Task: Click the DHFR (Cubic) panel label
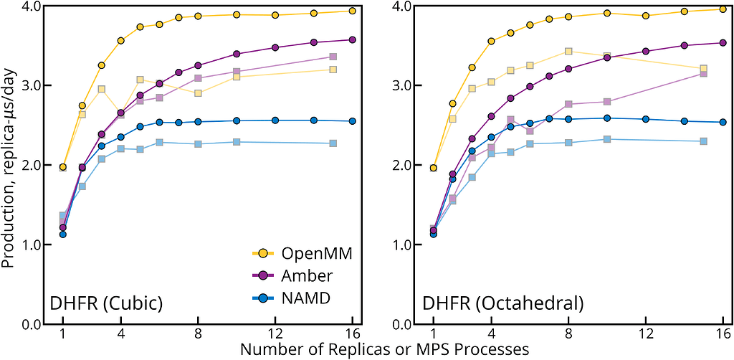coord(106,303)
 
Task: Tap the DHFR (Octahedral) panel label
coord(502,303)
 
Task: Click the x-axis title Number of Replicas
coord(385,350)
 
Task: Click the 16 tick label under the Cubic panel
coord(353,334)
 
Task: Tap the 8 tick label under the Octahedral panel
coord(568,334)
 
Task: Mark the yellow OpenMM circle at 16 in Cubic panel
coord(353,11)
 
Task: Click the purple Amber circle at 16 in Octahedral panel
coord(723,42)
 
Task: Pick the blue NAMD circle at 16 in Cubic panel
coord(353,121)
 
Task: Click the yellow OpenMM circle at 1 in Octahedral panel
coord(433,168)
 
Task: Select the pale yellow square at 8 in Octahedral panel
coord(568,51)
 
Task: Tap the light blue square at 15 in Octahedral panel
coord(703,141)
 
